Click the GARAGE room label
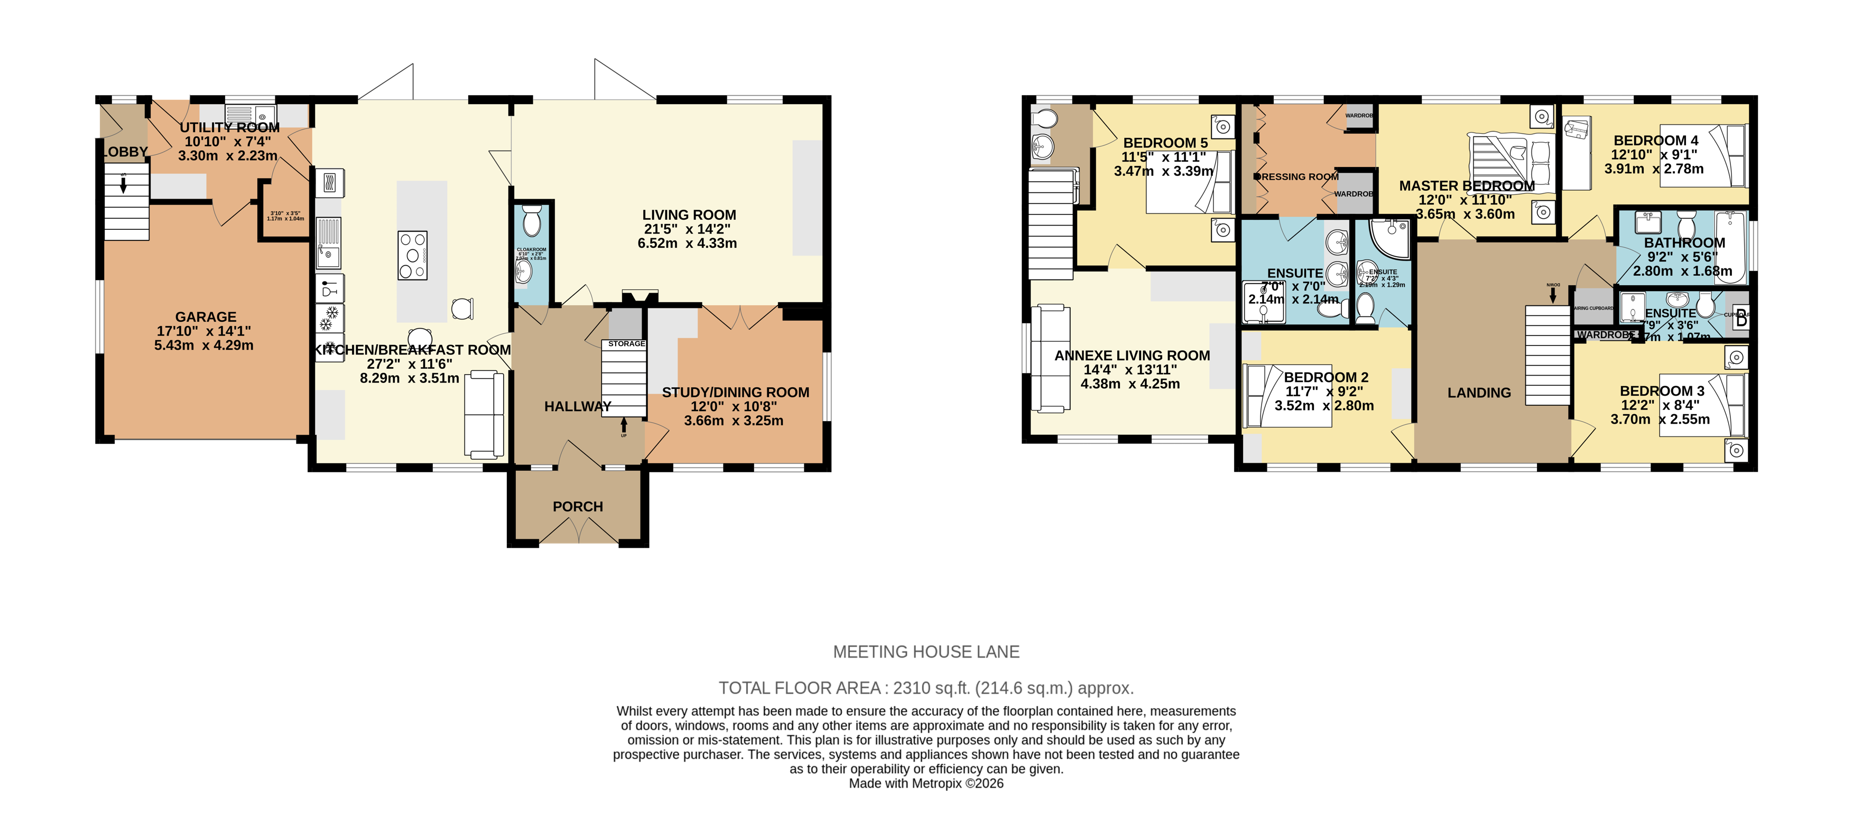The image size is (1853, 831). click(x=206, y=317)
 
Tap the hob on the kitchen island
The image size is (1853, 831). click(x=413, y=255)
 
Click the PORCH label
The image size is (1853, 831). click(x=578, y=507)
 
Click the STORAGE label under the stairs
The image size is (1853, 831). click(x=626, y=343)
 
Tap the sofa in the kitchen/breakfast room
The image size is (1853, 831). click(x=484, y=414)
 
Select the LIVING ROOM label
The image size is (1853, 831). click(x=689, y=215)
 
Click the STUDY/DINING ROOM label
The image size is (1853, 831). click(x=735, y=393)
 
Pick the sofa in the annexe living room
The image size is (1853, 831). click(x=1050, y=359)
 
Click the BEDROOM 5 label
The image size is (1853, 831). click(x=1165, y=143)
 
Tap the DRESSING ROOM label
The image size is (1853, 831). click(x=1299, y=177)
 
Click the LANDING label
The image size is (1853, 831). click(x=1479, y=393)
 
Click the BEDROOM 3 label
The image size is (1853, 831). click(x=1662, y=391)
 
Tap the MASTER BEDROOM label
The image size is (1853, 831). click(x=1466, y=186)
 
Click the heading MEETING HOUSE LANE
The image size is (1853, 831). click(x=926, y=652)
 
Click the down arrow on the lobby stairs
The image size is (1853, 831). click(x=124, y=185)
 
